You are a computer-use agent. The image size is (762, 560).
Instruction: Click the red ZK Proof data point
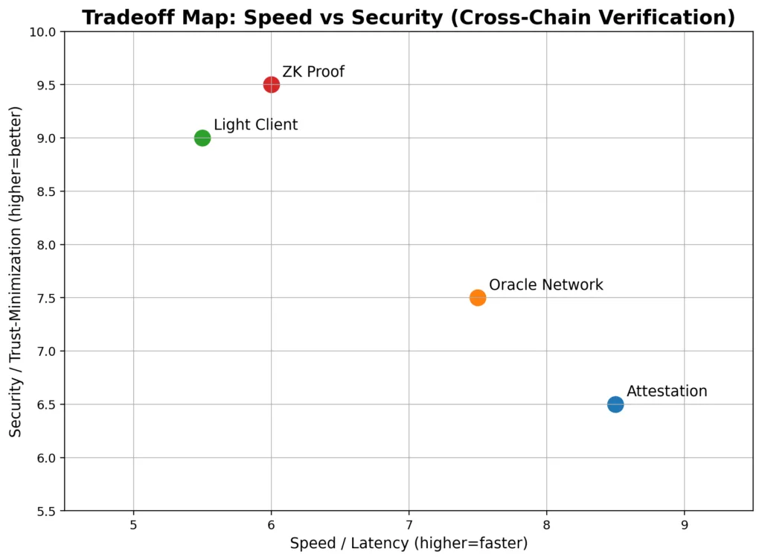272,85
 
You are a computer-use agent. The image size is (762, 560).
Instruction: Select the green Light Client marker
202,138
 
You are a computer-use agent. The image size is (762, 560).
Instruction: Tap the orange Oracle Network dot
478,298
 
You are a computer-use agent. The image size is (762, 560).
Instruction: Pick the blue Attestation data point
615,404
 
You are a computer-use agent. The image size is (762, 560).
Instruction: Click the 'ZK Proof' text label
313,72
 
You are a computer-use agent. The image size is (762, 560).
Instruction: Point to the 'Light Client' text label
255,125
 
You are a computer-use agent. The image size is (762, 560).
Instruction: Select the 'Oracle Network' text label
545,285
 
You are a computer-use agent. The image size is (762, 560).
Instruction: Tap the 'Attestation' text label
667,392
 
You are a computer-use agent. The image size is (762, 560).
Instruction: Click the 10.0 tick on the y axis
44,32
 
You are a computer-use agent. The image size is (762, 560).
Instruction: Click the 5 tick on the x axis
133,524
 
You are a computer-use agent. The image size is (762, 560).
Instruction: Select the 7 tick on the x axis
409,524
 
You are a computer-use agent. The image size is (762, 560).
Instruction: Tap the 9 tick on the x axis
685,524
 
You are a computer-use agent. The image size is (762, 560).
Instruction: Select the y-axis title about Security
16,271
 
